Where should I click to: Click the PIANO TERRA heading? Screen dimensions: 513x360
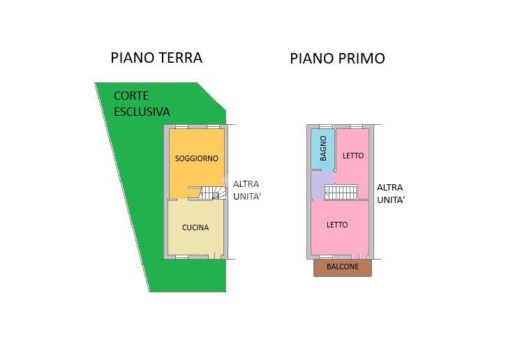pyautogui.click(x=156, y=58)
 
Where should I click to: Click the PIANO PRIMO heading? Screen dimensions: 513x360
pyautogui.click(x=337, y=59)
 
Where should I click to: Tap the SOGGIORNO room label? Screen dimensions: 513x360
pyautogui.click(x=196, y=158)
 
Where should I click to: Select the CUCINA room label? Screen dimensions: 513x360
pyautogui.click(x=195, y=227)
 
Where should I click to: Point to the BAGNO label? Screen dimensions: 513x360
pyautogui.click(x=323, y=149)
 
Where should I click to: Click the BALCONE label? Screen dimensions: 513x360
pyautogui.click(x=343, y=267)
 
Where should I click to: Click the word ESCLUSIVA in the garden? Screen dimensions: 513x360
pyautogui.click(x=142, y=112)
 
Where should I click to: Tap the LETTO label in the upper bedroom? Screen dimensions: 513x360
pyautogui.click(x=353, y=156)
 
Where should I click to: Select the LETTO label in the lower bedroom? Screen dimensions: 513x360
pyautogui.click(x=337, y=225)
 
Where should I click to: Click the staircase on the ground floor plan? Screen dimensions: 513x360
pyautogui.click(x=207, y=193)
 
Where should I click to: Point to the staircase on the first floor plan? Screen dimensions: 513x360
pyautogui.click(x=341, y=193)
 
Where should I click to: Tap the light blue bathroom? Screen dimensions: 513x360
pyautogui.click(x=322, y=149)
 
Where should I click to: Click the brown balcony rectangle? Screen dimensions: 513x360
pyautogui.click(x=343, y=268)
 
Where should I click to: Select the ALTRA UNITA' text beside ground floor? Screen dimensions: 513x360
pyautogui.click(x=246, y=190)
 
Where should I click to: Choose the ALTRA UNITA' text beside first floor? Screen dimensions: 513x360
pyautogui.click(x=391, y=193)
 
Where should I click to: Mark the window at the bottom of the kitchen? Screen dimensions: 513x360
pyautogui.click(x=182, y=257)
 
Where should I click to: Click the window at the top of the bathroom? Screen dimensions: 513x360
pyautogui.click(x=326, y=126)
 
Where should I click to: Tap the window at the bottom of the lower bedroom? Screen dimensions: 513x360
pyautogui.click(x=326, y=257)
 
